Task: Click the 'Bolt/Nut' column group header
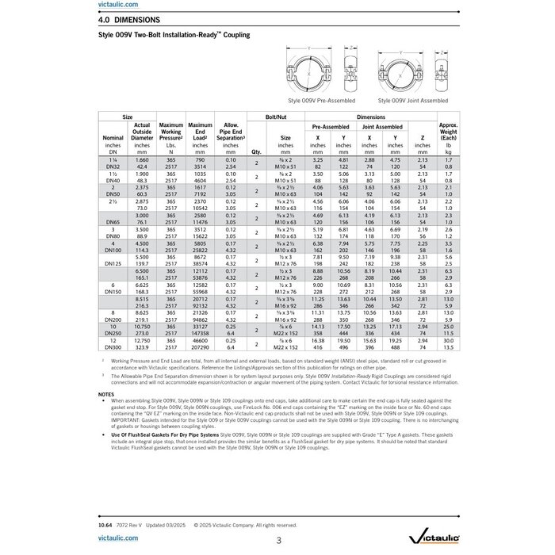[x=277, y=117]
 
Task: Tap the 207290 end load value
[x=200, y=347]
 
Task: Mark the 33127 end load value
[x=200, y=325]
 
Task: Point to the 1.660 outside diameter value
[x=142, y=161]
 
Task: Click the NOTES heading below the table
[x=106, y=394]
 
